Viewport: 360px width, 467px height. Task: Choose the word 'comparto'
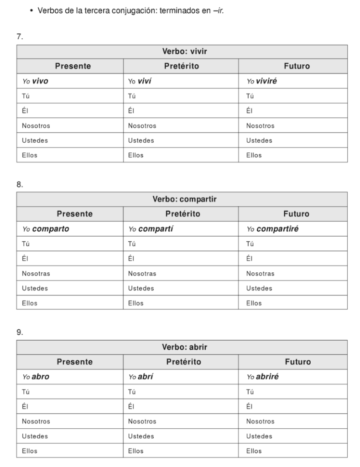click(50, 229)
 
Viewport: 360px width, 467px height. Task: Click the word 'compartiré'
click(277, 229)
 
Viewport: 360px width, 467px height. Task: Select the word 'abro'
click(41, 377)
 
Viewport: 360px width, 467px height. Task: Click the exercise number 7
click(20, 37)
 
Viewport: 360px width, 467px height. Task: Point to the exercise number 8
click(20, 185)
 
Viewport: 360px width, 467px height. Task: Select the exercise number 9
click(20, 332)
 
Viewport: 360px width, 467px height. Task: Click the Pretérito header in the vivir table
click(182, 66)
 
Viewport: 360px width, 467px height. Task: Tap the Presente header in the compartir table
click(75, 213)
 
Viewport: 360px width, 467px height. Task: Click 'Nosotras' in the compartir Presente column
click(36, 274)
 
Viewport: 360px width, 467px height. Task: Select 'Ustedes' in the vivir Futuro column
click(259, 140)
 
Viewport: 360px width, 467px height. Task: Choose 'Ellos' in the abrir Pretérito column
click(136, 451)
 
